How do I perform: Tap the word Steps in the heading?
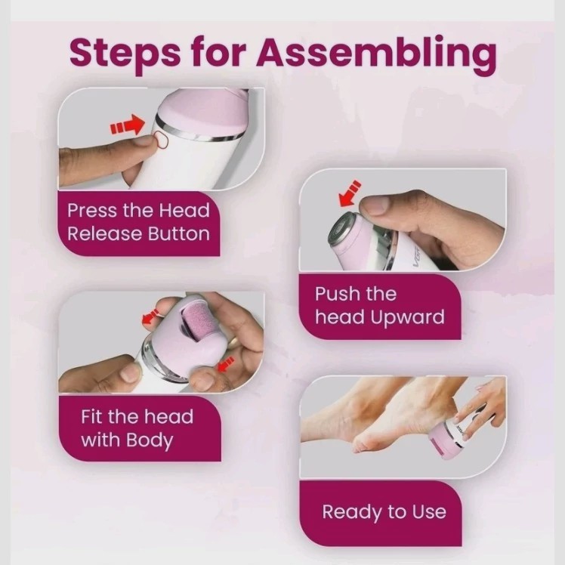125,54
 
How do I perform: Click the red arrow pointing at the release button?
128,125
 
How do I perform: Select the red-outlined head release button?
161,139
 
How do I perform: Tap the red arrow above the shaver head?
350,194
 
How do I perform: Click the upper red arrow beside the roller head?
150,316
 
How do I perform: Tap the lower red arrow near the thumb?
227,364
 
